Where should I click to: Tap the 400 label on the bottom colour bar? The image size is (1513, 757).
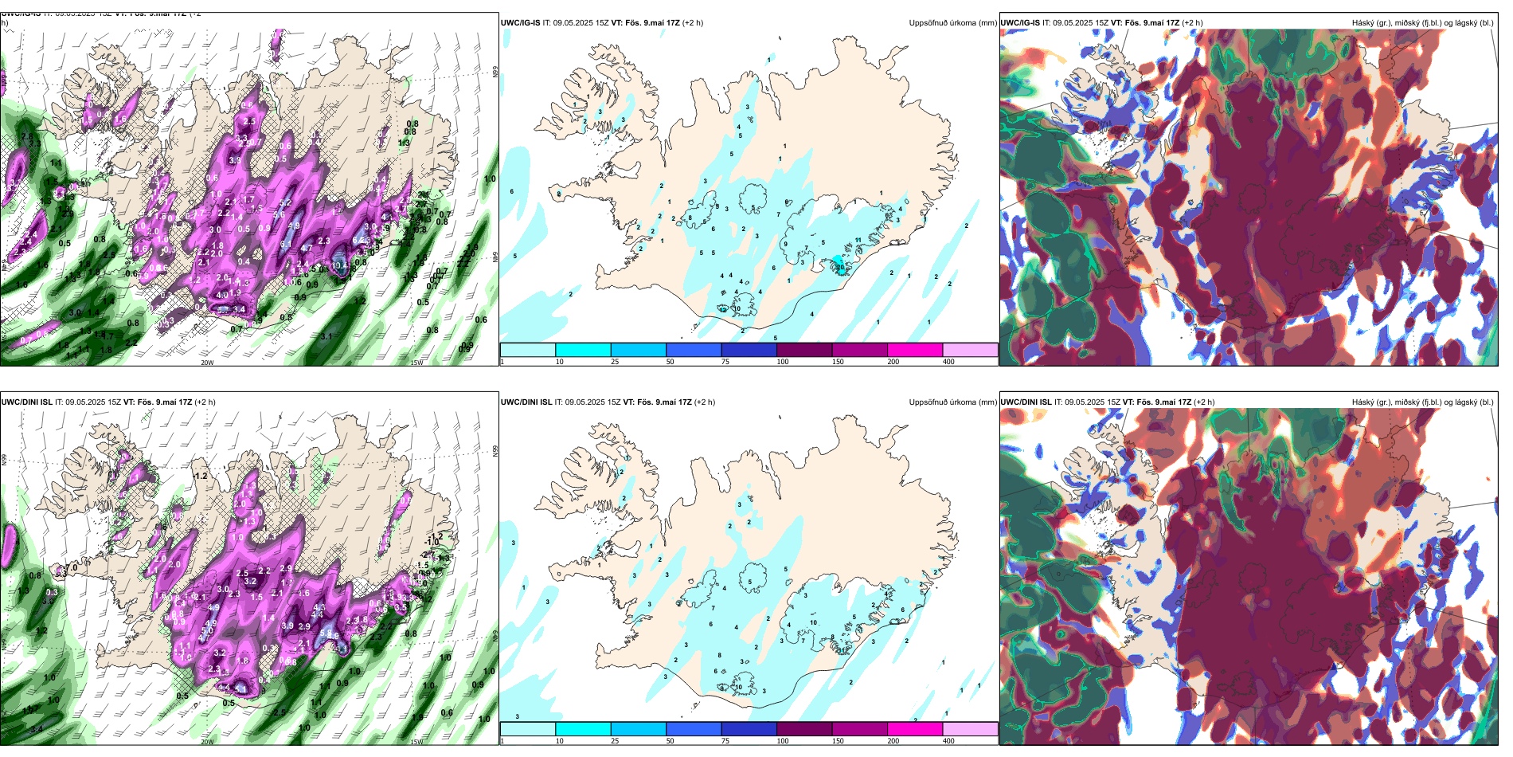coord(948,741)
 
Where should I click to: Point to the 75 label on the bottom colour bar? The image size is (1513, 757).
coord(725,741)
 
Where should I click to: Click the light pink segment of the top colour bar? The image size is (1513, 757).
coord(970,350)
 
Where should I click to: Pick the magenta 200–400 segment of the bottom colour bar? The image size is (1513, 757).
coord(915,729)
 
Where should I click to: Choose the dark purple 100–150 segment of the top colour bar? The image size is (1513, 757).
coord(804,350)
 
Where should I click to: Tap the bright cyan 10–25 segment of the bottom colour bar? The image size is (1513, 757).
coord(583,729)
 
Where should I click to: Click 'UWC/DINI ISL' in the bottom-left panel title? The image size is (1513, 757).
coord(26,402)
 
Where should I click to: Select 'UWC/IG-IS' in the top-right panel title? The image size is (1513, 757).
coord(1020,23)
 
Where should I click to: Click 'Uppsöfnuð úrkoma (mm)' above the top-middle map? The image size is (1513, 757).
coord(952,23)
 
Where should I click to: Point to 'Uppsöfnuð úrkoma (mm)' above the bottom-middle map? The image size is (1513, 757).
coord(952,402)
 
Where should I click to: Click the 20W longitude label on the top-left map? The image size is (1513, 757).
coord(207,363)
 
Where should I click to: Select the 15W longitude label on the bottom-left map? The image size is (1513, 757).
coord(416,742)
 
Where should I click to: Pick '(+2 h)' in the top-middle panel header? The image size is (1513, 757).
coord(693,23)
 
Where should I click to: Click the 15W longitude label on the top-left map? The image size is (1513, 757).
coord(416,363)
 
